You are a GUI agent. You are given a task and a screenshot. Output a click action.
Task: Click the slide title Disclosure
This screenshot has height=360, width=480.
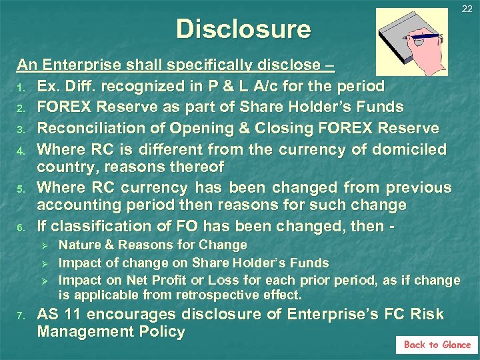click(x=243, y=29)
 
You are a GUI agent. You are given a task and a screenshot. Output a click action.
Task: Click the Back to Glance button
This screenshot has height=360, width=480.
click(x=437, y=345)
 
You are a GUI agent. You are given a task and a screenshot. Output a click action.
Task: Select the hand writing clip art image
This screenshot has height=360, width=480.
click(x=411, y=41)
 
